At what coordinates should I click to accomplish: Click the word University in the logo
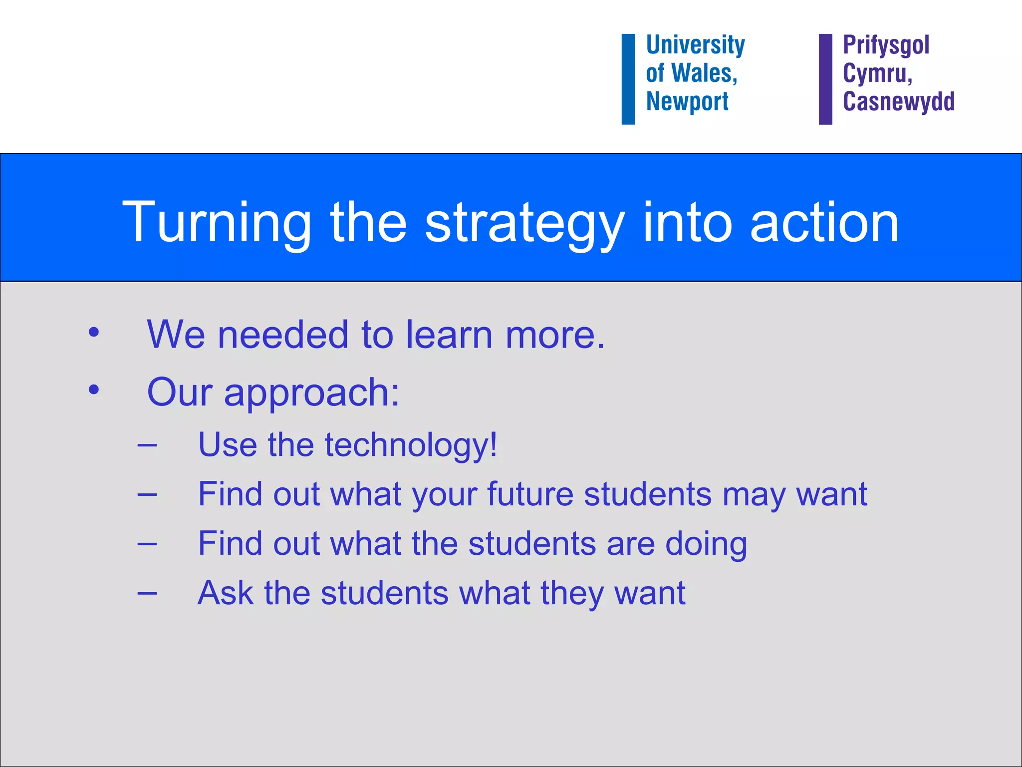(x=695, y=45)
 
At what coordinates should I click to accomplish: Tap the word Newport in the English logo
(x=687, y=101)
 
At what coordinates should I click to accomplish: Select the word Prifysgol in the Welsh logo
(x=886, y=45)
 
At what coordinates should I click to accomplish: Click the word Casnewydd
(x=898, y=101)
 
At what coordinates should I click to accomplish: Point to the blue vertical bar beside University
(x=628, y=79)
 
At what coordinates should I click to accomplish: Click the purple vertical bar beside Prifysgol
(x=825, y=79)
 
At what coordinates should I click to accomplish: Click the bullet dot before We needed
(x=93, y=332)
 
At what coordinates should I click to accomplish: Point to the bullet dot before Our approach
(x=93, y=390)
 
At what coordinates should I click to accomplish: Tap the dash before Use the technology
(x=147, y=444)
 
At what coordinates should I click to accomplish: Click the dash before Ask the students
(x=147, y=593)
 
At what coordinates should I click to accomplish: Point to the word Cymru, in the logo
(x=877, y=74)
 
